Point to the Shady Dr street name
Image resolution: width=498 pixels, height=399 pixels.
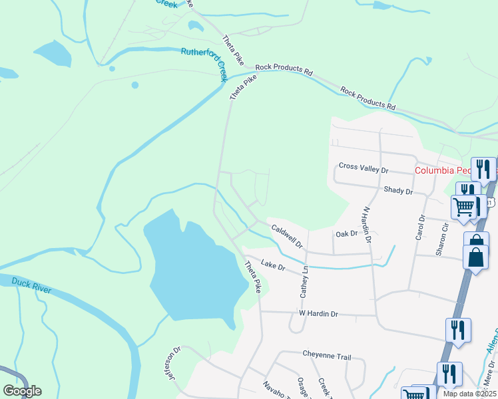click(398, 190)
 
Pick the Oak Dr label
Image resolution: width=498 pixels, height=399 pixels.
click(346, 233)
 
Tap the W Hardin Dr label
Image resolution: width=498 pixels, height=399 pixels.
click(318, 313)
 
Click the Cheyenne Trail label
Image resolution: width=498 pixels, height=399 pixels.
click(326, 356)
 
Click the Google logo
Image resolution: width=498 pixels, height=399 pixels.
click(22, 391)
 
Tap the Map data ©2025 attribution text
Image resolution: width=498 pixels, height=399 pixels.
click(469, 394)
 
